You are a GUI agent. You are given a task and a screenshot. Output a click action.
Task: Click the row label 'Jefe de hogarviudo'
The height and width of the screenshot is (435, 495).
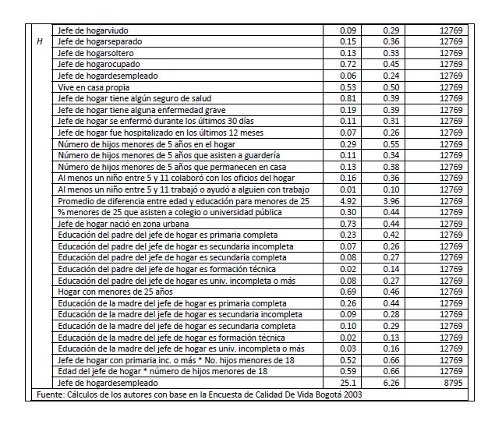click(x=93, y=30)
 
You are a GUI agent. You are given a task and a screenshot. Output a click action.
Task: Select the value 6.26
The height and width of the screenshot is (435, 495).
click(x=391, y=383)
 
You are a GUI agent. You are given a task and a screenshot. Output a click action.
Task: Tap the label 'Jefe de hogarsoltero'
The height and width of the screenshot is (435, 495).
click(x=95, y=52)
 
